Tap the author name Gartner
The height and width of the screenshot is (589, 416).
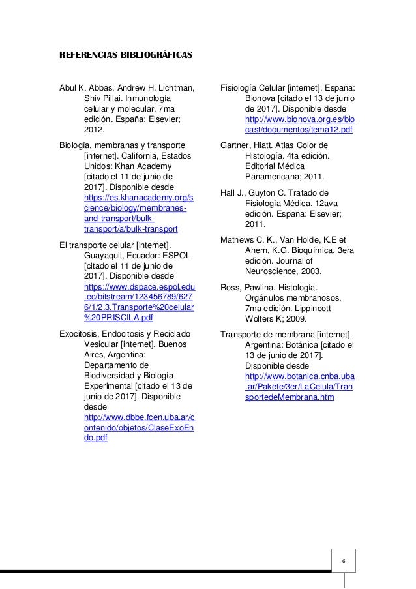(x=236, y=144)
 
